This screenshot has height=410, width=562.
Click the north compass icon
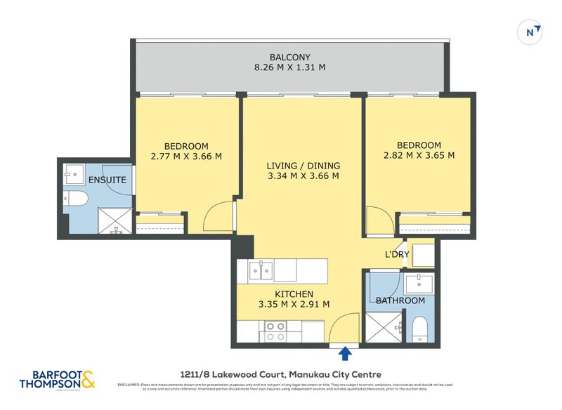(x=532, y=32)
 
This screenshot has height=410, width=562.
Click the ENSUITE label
(x=107, y=180)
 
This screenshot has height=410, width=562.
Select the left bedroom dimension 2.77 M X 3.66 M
(x=186, y=157)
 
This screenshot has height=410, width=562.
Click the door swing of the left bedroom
(x=217, y=218)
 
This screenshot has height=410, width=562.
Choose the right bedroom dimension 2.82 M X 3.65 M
(x=418, y=156)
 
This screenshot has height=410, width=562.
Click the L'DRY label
(x=396, y=254)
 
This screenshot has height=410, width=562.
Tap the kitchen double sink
(x=261, y=268)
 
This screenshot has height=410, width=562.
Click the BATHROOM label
(x=400, y=300)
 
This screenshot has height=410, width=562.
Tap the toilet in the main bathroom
(x=420, y=328)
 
